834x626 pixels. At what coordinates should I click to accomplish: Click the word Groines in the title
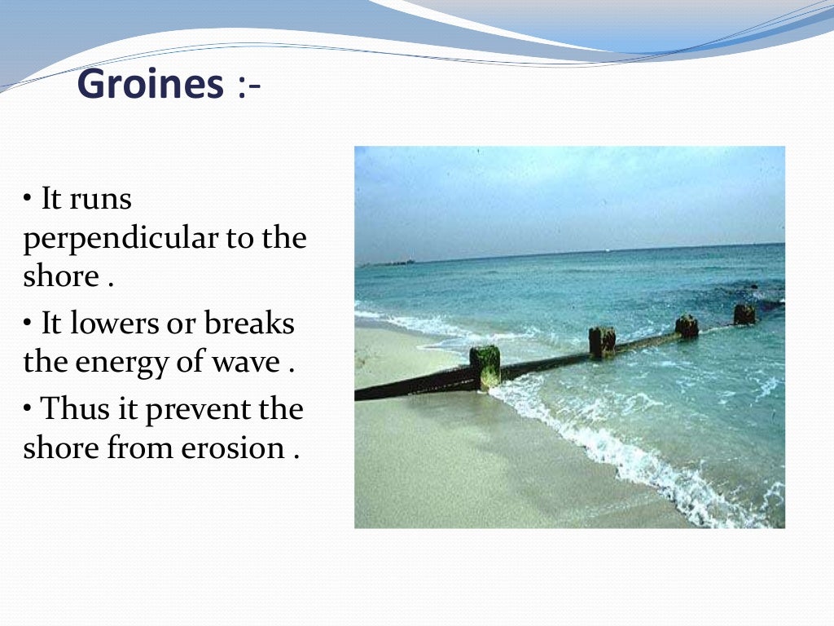pyautogui.click(x=150, y=85)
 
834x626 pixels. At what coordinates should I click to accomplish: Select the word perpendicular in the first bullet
pyautogui.click(x=117, y=238)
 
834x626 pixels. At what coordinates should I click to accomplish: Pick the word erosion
pyautogui.click(x=228, y=447)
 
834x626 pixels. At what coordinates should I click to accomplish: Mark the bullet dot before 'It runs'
pyautogui.click(x=28, y=198)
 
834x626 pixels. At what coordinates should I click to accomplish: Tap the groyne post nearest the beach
pyautogui.click(x=485, y=367)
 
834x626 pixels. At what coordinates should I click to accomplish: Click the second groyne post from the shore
pyautogui.click(x=602, y=342)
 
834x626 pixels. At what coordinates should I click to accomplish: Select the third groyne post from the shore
pyautogui.click(x=687, y=326)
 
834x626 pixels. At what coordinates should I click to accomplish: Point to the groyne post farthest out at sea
pyautogui.click(x=744, y=314)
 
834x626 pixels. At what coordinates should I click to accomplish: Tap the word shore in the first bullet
pyautogui.click(x=60, y=276)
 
